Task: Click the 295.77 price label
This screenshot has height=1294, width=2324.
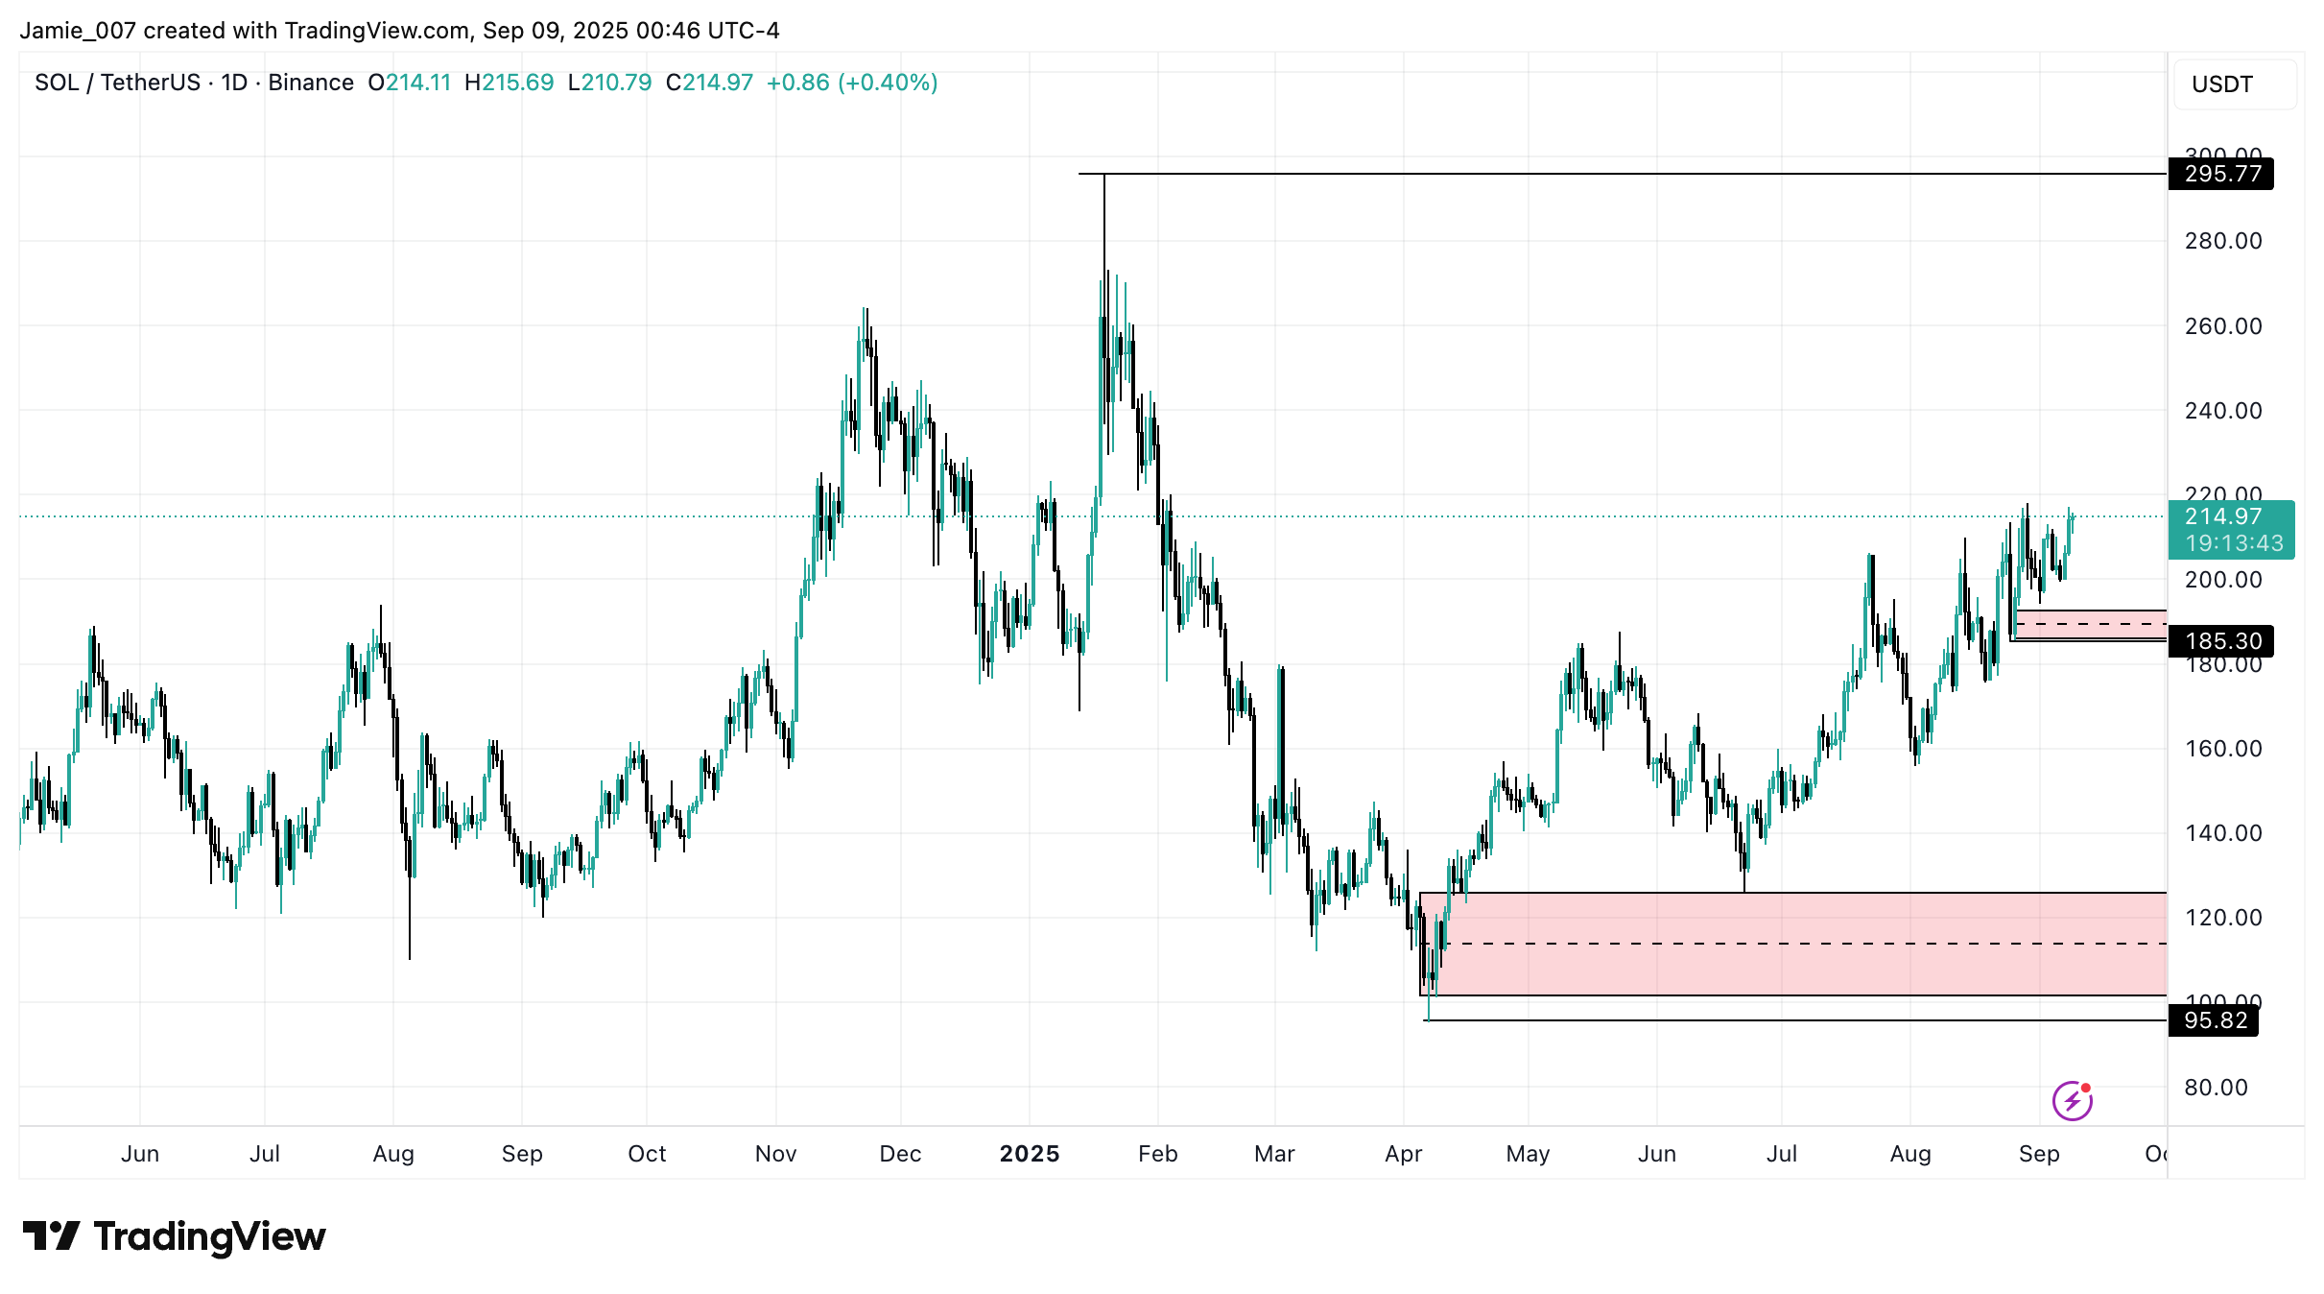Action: click(2220, 174)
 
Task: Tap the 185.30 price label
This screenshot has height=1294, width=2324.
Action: click(2220, 640)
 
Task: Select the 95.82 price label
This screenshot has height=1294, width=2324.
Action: click(2214, 1020)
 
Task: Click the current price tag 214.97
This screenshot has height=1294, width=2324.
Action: click(2222, 516)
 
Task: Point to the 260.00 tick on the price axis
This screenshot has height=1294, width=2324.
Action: click(2222, 326)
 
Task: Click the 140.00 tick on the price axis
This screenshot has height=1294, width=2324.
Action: click(2222, 833)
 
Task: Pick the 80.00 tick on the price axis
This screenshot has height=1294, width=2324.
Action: click(2216, 1088)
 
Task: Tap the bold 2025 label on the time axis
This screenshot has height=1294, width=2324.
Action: click(1029, 1154)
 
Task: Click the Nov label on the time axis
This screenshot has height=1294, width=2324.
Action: click(775, 1154)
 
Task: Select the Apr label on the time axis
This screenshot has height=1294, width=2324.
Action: click(1403, 1154)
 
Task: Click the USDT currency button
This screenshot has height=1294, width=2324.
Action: click(2221, 84)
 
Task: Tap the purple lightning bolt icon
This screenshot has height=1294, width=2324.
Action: click(2072, 1100)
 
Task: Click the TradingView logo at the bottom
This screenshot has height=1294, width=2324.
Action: click(174, 1236)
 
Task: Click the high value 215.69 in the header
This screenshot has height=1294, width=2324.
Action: click(517, 83)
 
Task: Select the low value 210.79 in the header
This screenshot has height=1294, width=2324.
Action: click(616, 83)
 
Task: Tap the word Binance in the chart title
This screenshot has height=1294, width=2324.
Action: click(311, 83)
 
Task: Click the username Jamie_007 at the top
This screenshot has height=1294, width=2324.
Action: click(78, 31)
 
